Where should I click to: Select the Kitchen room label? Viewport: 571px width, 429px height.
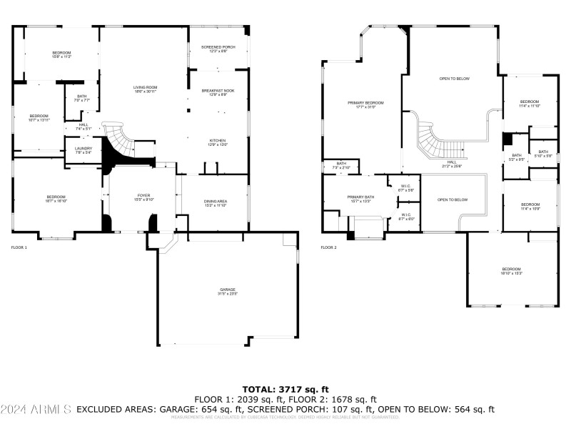click(218, 142)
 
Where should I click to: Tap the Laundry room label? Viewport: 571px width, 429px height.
click(84, 150)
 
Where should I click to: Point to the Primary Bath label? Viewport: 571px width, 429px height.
click(360, 199)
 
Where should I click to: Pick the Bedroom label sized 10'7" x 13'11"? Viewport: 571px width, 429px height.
click(39, 118)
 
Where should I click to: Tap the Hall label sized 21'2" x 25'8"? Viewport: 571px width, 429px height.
click(452, 164)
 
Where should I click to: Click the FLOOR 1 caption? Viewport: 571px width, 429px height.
click(19, 247)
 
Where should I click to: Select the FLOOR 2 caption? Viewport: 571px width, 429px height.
click(328, 247)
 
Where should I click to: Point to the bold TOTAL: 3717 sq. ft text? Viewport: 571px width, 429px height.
click(285, 389)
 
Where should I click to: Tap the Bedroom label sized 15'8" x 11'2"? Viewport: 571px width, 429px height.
click(62, 55)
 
